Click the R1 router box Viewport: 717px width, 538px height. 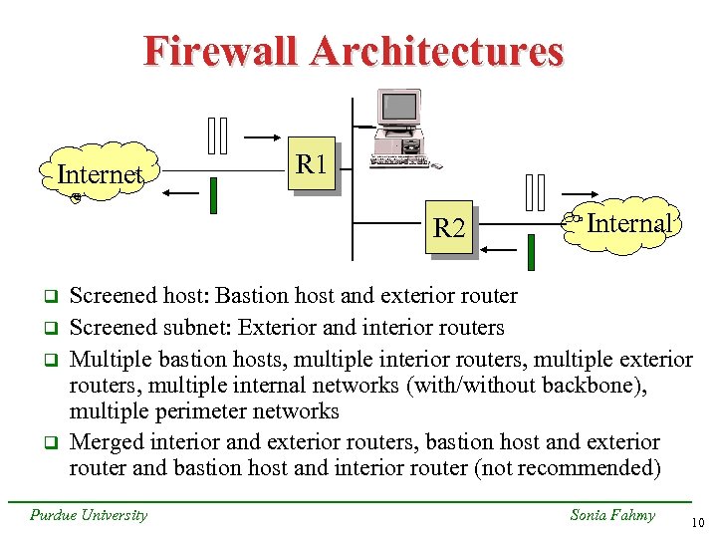(313, 163)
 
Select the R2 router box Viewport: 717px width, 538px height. (450, 228)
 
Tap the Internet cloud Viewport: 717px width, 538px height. (100, 175)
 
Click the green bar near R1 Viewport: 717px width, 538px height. (213, 195)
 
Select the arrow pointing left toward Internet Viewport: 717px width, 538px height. (179, 195)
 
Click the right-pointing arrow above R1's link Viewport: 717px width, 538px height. (261, 137)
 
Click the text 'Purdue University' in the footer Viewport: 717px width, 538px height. (88, 514)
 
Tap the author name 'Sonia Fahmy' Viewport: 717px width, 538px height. (611, 514)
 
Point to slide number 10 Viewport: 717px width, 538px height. (697, 520)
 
